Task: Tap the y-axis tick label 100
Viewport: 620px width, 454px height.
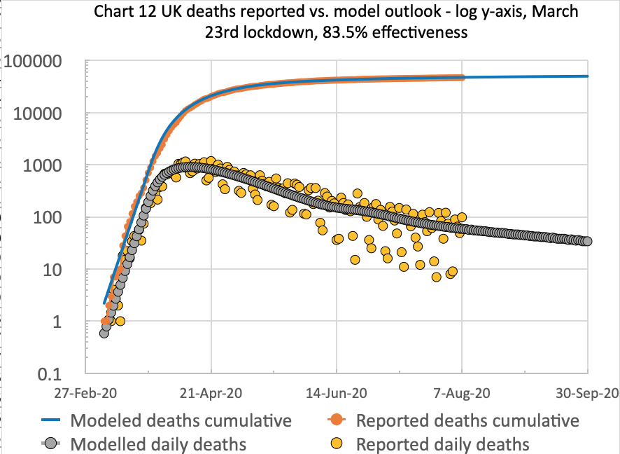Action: point(52,218)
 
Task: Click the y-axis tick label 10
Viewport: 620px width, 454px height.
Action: point(57,270)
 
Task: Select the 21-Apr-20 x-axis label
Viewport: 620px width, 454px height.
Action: point(211,394)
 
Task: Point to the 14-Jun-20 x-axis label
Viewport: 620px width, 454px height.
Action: point(337,394)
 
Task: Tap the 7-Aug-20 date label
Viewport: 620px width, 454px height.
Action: point(462,394)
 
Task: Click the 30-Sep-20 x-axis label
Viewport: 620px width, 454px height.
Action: point(586,394)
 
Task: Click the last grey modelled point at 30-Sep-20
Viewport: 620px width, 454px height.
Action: point(587,241)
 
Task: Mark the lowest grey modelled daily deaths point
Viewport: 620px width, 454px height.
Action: point(104,333)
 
